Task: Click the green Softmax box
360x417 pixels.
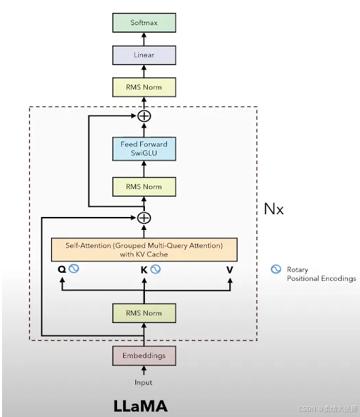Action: (x=144, y=22)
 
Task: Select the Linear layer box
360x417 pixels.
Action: (x=144, y=55)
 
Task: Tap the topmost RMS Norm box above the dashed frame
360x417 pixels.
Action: (x=144, y=86)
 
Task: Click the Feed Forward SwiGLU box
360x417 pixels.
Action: (x=144, y=149)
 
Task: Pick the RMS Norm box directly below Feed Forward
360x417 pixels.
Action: (x=144, y=186)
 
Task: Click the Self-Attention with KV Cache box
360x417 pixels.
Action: (x=144, y=249)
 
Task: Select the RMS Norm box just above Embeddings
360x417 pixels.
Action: (x=144, y=313)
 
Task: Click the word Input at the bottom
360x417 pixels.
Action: (x=144, y=383)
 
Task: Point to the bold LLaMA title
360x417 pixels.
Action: (x=140, y=406)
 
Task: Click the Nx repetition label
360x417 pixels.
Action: (x=274, y=209)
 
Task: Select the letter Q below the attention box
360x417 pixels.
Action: (x=62, y=269)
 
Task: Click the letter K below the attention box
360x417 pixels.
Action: (x=144, y=269)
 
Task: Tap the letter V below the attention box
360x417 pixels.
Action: (x=230, y=269)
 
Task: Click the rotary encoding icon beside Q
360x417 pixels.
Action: (x=73, y=269)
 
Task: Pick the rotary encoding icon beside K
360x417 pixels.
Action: (x=156, y=269)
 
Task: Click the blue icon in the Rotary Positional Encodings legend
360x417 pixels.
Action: (x=276, y=269)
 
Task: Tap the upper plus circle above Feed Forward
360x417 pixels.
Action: (x=144, y=116)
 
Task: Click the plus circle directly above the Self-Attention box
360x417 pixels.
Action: (x=144, y=218)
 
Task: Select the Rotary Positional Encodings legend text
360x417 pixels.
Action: (x=321, y=274)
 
